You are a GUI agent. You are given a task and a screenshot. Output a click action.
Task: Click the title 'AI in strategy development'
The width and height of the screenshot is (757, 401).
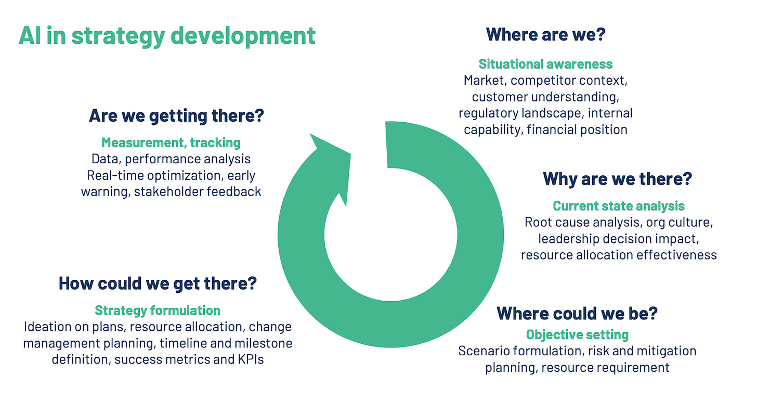pyautogui.click(x=167, y=35)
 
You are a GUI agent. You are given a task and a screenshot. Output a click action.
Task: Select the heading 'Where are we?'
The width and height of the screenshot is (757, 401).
pyautogui.click(x=545, y=35)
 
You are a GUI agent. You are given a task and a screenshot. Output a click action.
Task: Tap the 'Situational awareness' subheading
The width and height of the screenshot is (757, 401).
pyautogui.click(x=545, y=64)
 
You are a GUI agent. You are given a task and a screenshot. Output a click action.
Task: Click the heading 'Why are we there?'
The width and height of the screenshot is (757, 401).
pyautogui.click(x=618, y=179)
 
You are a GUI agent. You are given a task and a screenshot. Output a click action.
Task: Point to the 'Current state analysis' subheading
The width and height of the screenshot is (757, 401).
pyautogui.click(x=619, y=206)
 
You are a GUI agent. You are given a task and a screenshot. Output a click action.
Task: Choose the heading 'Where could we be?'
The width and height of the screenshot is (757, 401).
pyautogui.click(x=577, y=313)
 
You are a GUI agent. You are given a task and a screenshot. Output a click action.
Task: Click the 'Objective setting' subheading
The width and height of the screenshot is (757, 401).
pyautogui.click(x=577, y=334)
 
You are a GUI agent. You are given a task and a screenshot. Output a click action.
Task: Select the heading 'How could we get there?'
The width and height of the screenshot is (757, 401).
pyautogui.click(x=158, y=283)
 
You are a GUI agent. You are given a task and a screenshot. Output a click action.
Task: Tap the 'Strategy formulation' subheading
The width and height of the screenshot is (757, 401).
pyautogui.click(x=158, y=311)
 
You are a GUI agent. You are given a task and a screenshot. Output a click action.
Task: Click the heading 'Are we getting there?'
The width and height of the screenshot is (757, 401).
pyautogui.click(x=177, y=115)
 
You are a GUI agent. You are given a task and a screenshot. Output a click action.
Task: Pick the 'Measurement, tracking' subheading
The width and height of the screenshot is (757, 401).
pyautogui.click(x=171, y=143)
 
